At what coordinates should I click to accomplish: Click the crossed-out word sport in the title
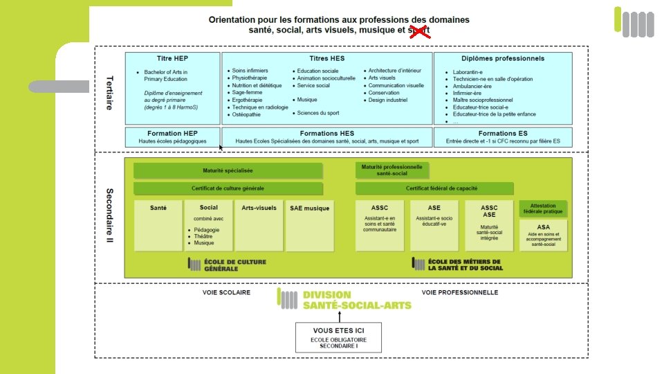418,30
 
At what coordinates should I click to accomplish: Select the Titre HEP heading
172,59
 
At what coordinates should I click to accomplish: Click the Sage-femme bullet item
248,92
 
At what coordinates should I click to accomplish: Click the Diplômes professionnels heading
503,59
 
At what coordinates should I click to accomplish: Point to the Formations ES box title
503,133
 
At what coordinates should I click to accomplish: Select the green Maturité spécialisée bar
228,170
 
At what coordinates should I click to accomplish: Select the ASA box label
544,227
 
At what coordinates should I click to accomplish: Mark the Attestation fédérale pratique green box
544,208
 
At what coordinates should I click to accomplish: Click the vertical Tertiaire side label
110,93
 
